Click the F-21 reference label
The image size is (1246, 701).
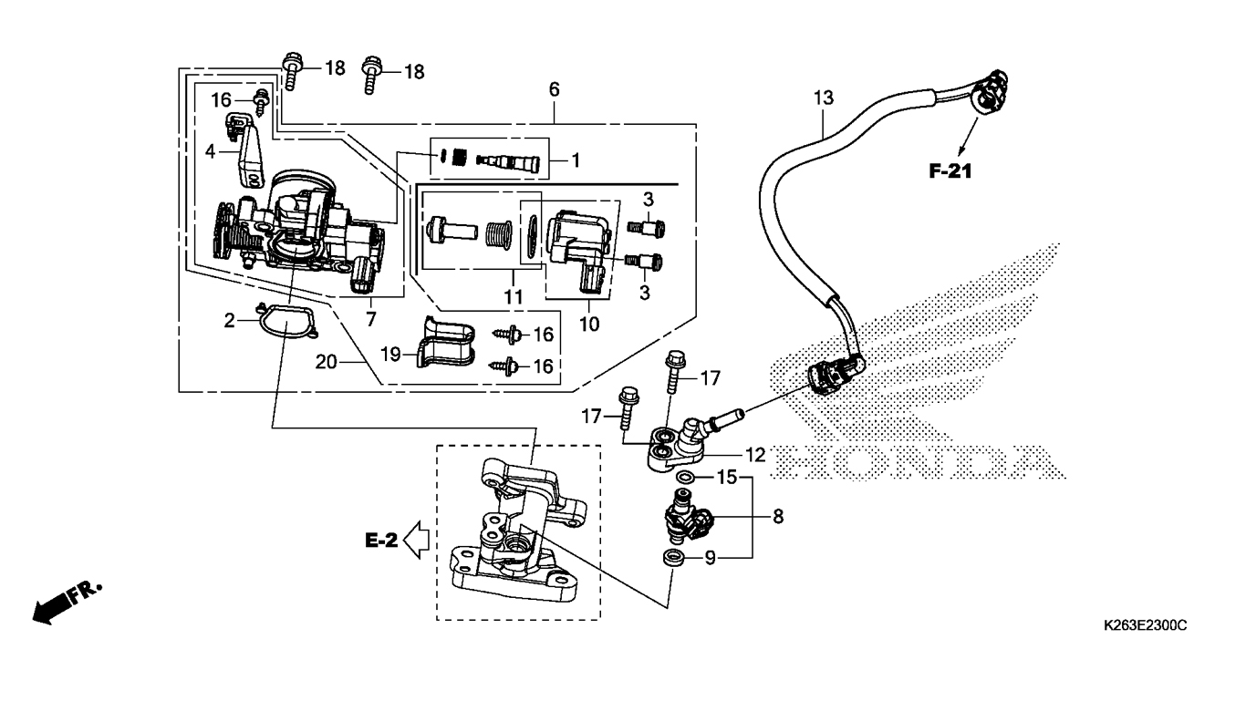click(950, 170)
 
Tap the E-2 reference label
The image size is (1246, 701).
click(381, 540)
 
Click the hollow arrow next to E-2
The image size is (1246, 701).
click(416, 540)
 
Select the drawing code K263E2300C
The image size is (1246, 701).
click(1146, 625)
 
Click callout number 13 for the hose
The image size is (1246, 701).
click(824, 98)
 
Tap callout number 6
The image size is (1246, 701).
click(554, 89)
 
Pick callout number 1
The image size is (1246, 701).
click(576, 160)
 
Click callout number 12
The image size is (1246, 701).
click(755, 455)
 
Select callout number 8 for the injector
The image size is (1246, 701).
click(778, 517)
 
